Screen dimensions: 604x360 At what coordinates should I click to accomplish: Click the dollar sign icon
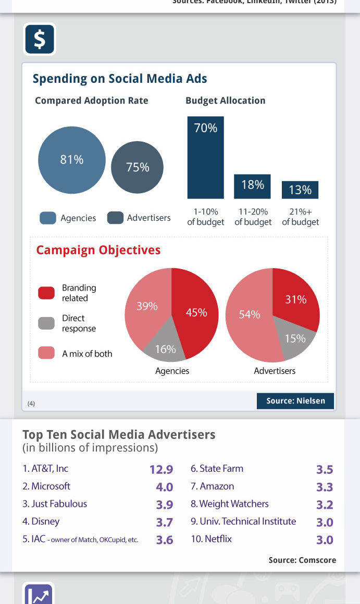click(40, 39)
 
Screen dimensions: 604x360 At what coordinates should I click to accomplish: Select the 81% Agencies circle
click(72, 160)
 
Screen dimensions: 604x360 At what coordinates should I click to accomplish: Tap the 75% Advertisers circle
click(138, 167)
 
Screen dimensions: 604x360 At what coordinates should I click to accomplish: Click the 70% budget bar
click(206, 157)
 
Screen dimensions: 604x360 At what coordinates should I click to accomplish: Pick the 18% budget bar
click(253, 186)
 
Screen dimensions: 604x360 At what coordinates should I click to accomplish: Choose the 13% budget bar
click(300, 190)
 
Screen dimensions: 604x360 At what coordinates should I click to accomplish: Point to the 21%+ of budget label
click(301, 217)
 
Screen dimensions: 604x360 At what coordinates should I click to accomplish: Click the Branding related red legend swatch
click(46, 293)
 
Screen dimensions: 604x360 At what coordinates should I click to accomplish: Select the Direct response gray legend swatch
click(46, 323)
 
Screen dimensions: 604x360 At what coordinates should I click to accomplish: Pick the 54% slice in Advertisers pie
click(249, 315)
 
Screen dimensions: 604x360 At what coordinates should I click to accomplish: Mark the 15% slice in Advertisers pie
click(295, 338)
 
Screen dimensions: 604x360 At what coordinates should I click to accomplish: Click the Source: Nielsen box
click(295, 401)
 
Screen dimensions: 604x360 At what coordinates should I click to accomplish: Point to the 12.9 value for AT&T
click(161, 469)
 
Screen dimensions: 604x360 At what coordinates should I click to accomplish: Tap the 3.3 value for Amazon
click(325, 487)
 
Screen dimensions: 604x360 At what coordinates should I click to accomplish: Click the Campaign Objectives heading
click(98, 250)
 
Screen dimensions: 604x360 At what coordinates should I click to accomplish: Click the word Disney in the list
click(45, 521)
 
